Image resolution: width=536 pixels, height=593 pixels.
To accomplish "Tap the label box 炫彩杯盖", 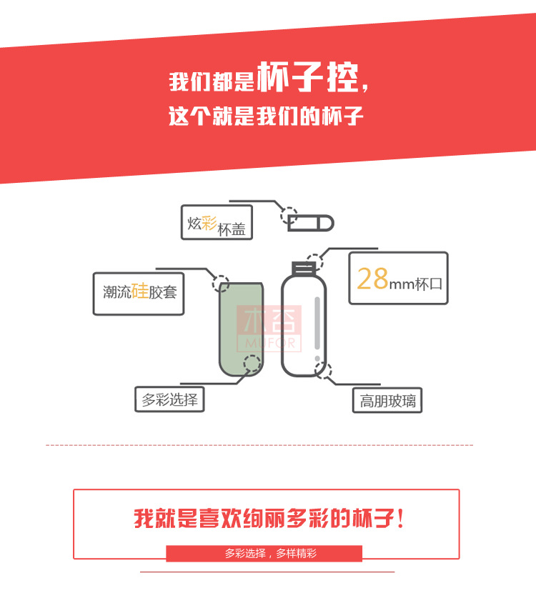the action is click(217, 223).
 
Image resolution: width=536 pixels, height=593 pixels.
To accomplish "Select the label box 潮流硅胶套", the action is click(139, 292).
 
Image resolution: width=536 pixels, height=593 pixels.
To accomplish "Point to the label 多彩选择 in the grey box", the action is click(169, 399).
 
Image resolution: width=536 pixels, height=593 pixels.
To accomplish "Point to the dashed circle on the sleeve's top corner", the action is click(222, 282).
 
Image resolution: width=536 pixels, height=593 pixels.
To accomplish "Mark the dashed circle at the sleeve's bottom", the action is click(252, 364).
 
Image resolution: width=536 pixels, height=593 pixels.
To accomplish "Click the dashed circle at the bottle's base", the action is click(324, 369).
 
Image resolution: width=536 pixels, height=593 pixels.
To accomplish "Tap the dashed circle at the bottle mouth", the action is click(314, 259).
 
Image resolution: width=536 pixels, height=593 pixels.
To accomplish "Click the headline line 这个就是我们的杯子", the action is click(266, 116).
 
